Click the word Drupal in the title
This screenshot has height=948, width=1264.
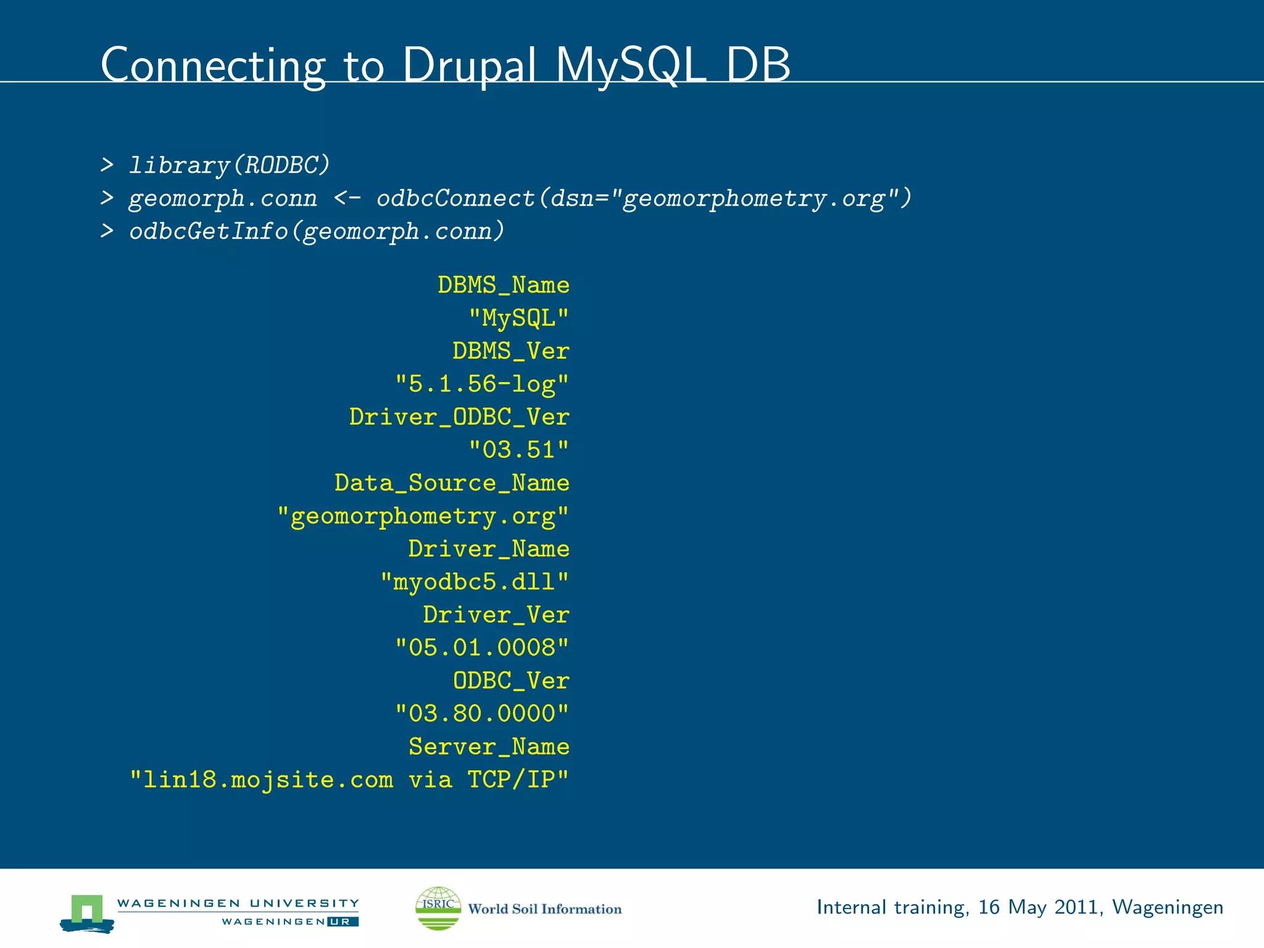click(468, 65)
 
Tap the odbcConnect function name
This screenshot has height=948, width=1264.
click(455, 198)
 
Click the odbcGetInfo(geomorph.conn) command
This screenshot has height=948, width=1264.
click(317, 231)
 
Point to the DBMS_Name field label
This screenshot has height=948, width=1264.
click(503, 285)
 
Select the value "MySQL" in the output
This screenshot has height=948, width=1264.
click(518, 318)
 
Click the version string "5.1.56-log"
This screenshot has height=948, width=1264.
click(481, 384)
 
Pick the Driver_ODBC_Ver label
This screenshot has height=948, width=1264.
click(459, 417)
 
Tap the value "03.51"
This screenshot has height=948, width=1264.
click(518, 450)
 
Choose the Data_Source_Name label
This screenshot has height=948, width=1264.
click(452, 483)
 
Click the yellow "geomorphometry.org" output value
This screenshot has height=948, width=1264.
click(423, 516)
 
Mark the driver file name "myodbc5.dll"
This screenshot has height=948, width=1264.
click(474, 582)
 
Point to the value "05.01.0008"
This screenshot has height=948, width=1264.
click(481, 648)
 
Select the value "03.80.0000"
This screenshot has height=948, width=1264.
click(481, 714)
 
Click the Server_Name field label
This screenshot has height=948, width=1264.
click(489, 747)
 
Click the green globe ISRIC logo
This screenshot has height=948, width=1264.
click(438, 908)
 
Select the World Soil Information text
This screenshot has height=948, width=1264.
click(545, 909)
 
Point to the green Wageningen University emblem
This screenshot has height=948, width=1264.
click(87, 912)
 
